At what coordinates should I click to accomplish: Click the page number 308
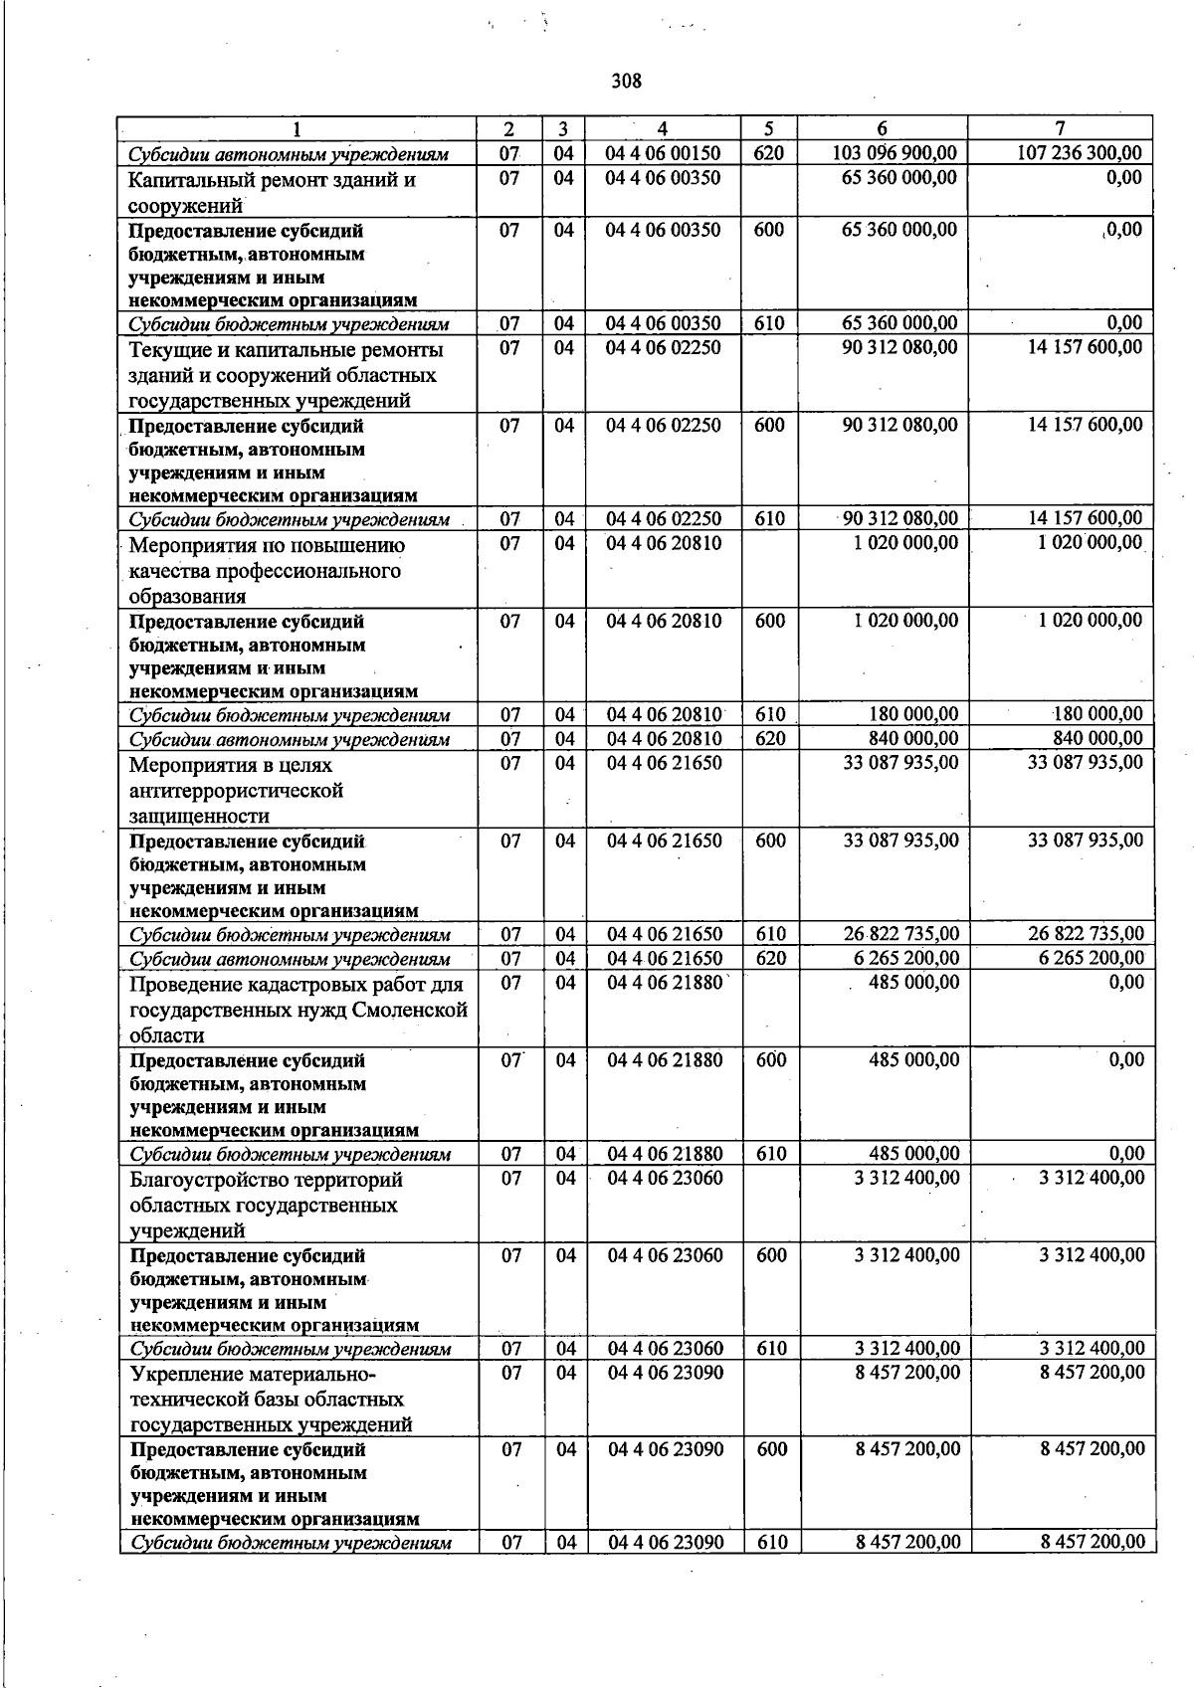pyautogui.click(x=627, y=82)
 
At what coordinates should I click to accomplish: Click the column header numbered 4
pyautogui.click(x=663, y=128)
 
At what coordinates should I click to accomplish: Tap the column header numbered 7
pyautogui.click(x=1060, y=128)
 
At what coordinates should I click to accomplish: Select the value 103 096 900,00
pyautogui.click(x=895, y=153)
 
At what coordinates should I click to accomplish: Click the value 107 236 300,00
pyautogui.click(x=1080, y=153)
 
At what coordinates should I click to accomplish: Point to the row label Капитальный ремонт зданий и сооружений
pyautogui.click(x=272, y=193)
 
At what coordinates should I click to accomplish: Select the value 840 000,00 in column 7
pyautogui.click(x=1097, y=738)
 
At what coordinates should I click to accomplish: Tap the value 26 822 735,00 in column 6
pyautogui.click(x=901, y=934)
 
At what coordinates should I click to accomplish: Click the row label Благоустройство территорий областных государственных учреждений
pyautogui.click(x=266, y=1205)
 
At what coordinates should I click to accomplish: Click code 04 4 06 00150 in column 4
pyautogui.click(x=664, y=153)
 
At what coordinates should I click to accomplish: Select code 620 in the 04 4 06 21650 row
pyautogui.click(x=771, y=958)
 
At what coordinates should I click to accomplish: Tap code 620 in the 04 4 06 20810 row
pyautogui.click(x=770, y=738)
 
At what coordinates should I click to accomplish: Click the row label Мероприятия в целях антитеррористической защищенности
pyautogui.click(x=236, y=791)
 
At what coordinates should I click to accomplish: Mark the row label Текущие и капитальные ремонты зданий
pyautogui.click(x=286, y=375)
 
